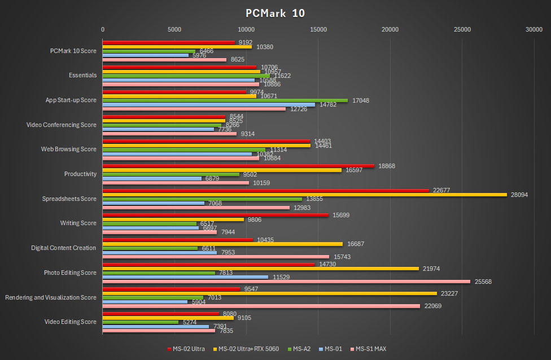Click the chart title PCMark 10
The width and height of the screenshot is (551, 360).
pos(275,13)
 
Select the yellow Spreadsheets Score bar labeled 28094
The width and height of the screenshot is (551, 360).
pos(304,195)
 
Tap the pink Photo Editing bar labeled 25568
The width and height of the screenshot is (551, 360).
pos(286,281)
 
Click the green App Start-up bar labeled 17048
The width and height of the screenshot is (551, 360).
pos(225,100)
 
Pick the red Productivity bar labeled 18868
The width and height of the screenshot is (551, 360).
pos(238,166)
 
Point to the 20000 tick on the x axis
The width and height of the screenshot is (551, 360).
pos(390,29)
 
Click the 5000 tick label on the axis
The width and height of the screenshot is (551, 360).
pos(174,29)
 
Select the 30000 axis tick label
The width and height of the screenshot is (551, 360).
pos(534,29)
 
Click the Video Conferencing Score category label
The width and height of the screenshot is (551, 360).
pos(62,125)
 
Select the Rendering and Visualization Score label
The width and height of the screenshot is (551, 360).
pos(51,297)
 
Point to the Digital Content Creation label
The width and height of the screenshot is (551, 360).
pos(63,248)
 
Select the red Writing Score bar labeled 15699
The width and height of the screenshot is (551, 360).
pos(215,215)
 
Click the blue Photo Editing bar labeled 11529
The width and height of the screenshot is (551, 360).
pos(185,276)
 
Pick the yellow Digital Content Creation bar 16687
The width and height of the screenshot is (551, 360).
pos(222,244)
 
